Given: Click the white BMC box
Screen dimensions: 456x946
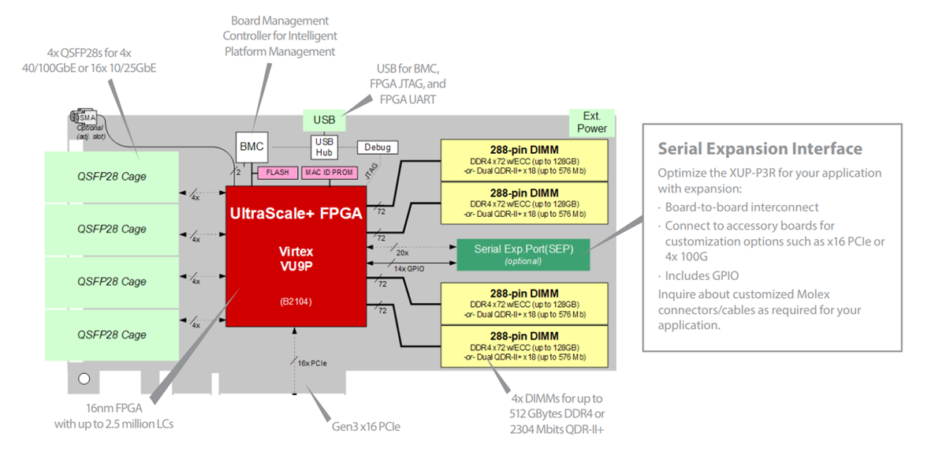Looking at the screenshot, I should pyautogui.click(x=252, y=146).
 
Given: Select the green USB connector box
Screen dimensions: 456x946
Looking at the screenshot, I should pyautogui.click(x=324, y=120).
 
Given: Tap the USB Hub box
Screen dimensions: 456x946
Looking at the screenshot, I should pyautogui.click(x=324, y=146).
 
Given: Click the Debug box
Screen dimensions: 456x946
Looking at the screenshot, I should pyautogui.click(x=378, y=148).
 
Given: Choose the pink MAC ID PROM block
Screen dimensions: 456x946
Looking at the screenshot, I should pyautogui.click(x=330, y=172).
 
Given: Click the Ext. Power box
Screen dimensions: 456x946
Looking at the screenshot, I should pyautogui.click(x=592, y=122).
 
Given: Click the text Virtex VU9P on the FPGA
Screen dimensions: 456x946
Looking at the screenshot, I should pyautogui.click(x=296, y=258).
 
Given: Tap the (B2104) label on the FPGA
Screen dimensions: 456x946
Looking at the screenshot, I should pyautogui.click(x=296, y=301).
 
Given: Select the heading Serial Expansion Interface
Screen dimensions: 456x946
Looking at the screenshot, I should pyautogui.click(x=760, y=149).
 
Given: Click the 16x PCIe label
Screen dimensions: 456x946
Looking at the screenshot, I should pyautogui.click(x=312, y=362).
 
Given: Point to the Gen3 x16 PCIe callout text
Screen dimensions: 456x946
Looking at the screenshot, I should pyautogui.click(x=366, y=426).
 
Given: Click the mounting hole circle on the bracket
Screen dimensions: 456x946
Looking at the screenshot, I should pyautogui.click(x=84, y=379).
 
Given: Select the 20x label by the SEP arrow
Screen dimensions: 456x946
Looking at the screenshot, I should pyautogui.click(x=402, y=253).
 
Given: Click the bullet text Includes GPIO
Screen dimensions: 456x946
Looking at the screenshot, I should pyautogui.click(x=702, y=275).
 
